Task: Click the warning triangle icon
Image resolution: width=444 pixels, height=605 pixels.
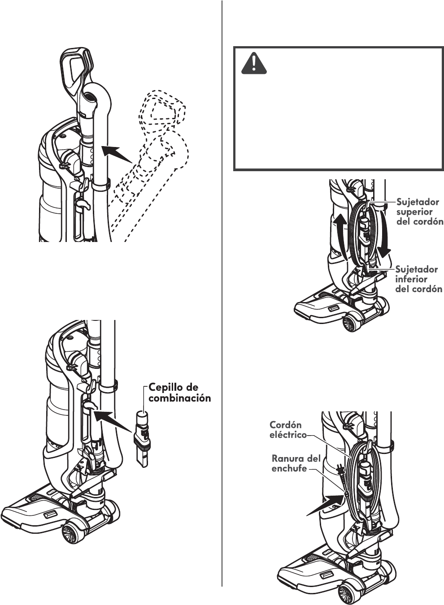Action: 254,63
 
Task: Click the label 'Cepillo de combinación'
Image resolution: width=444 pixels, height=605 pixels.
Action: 179,392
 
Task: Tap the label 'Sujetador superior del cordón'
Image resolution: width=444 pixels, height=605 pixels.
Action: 418,212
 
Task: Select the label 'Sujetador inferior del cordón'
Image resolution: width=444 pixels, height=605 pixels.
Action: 418,279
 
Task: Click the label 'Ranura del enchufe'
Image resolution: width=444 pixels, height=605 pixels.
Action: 296,463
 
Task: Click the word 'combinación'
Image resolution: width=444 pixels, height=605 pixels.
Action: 179,398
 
